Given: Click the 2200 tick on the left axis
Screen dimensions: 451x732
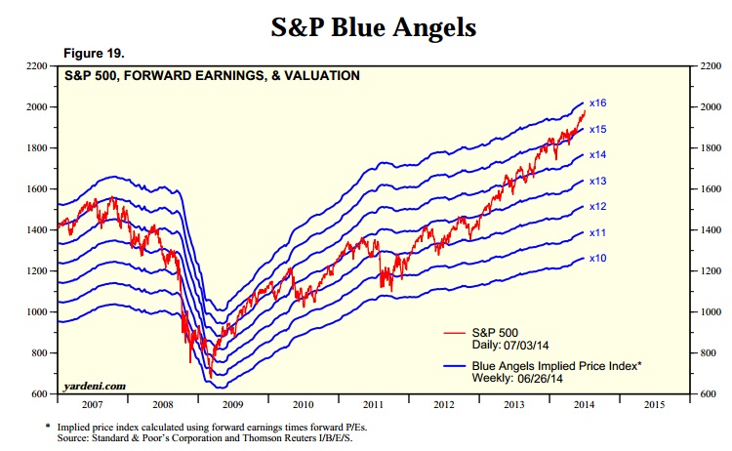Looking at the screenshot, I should (x=36, y=65).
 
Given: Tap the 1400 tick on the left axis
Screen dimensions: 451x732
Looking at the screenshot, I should (x=36, y=229).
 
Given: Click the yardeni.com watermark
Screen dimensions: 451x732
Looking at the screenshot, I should (x=96, y=387).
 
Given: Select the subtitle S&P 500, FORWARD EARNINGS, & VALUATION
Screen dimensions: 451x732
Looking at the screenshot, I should (x=213, y=75).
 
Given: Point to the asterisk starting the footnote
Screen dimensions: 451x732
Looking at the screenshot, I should (x=49, y=428).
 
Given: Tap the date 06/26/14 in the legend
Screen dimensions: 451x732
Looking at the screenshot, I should (x=541, y=377).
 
